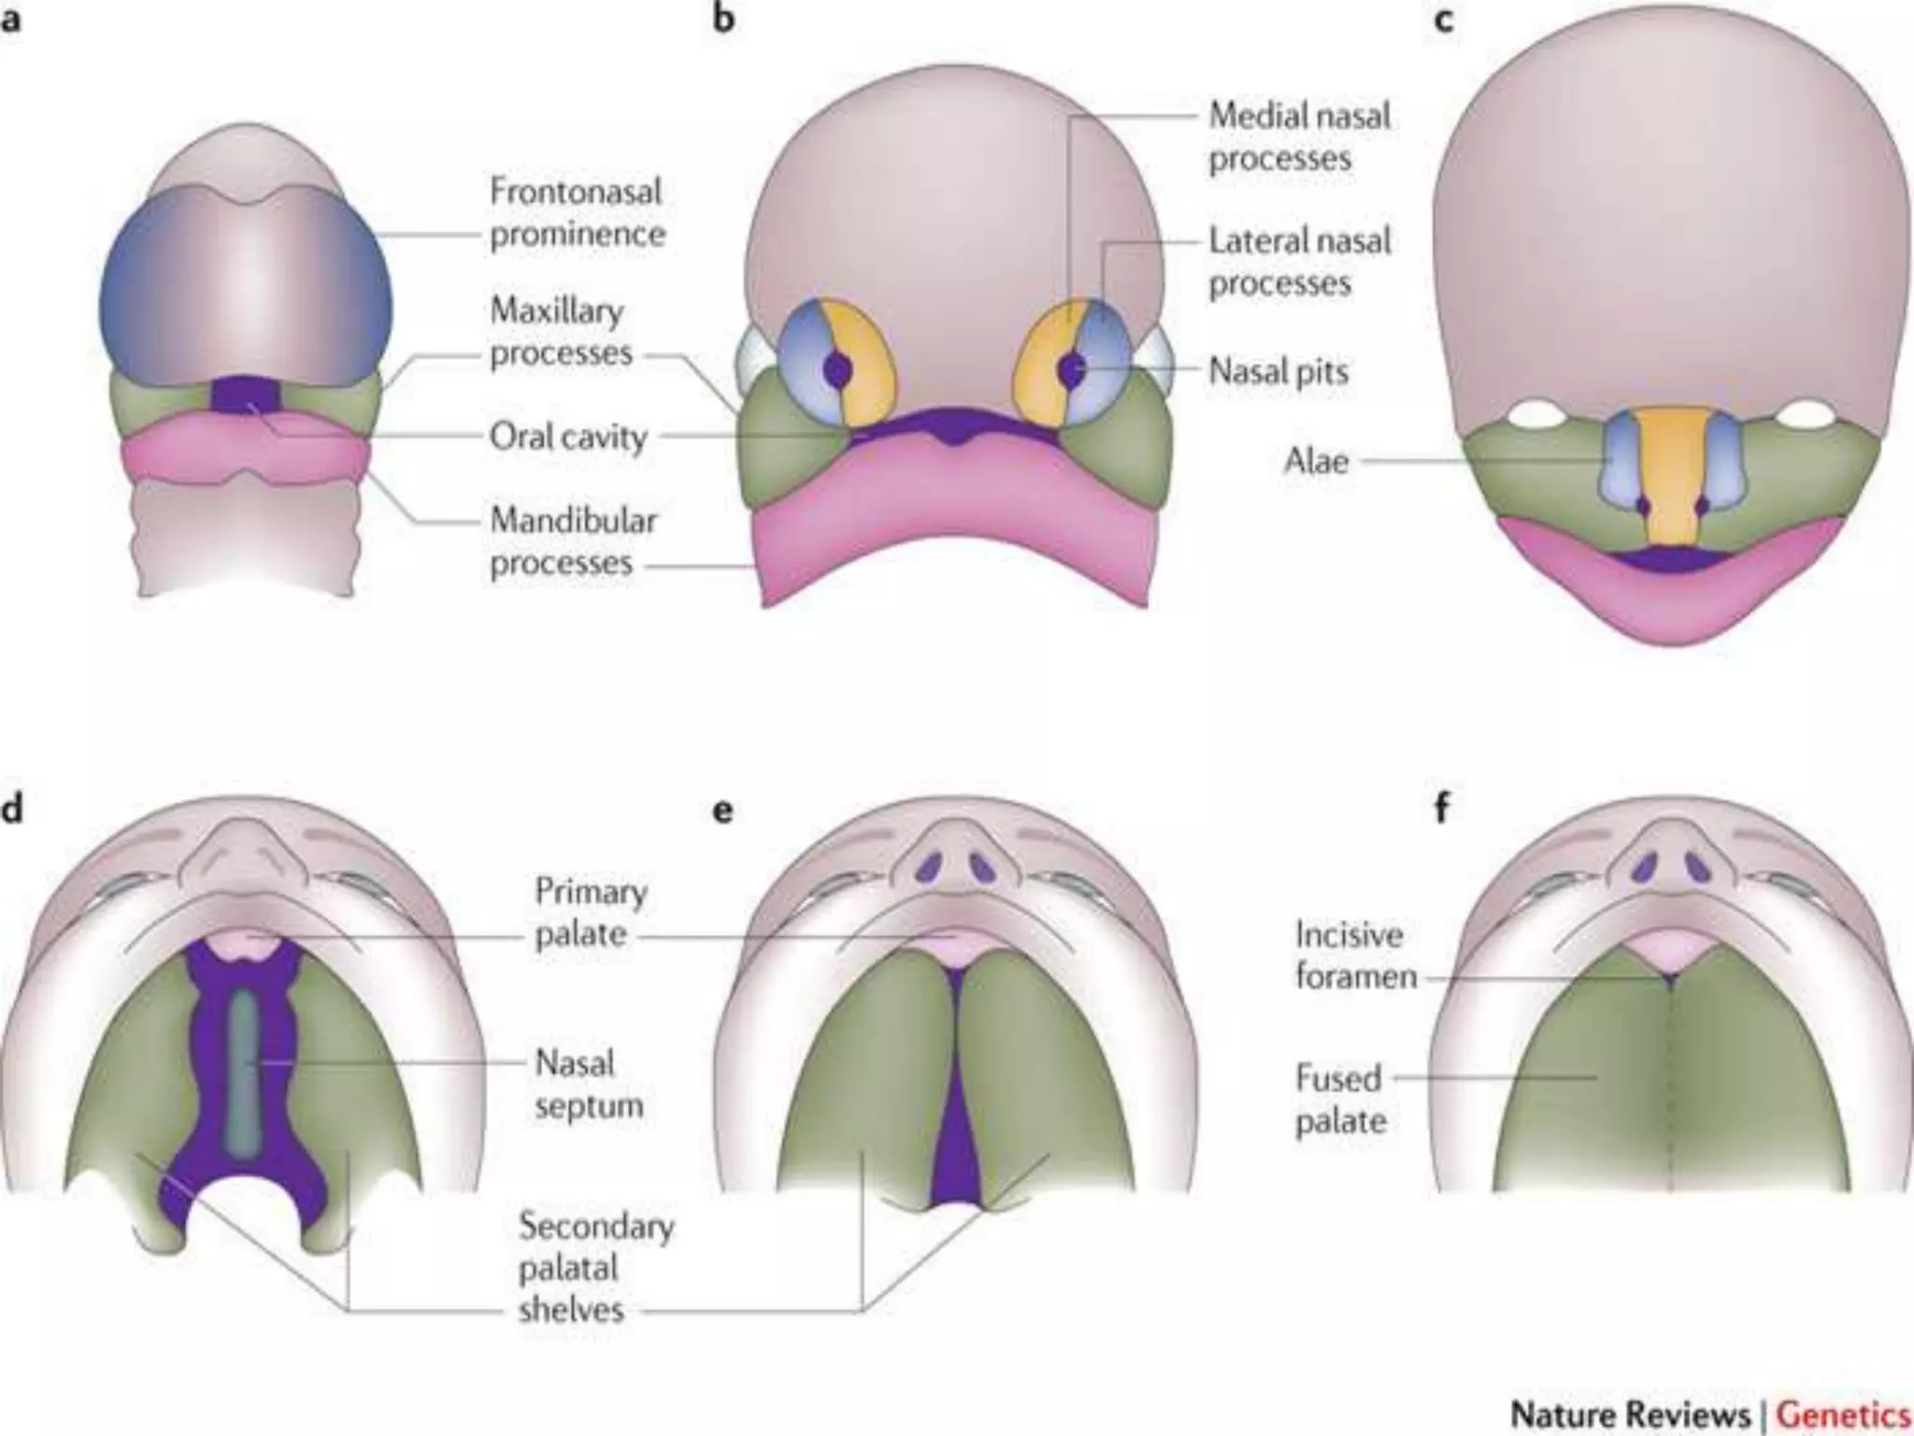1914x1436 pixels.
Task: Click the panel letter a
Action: [10, 20]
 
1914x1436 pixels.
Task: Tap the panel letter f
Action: [1442, 808]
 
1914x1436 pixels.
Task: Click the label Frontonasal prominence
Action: [577, 213]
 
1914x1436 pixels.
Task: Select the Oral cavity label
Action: [568, 437]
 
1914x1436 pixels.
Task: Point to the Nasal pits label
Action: [1278, 371]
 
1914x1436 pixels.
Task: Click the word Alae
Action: [1316, 460]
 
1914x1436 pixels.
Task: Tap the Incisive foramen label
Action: [1355, 955]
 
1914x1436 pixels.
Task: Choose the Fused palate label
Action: [1338, 1099]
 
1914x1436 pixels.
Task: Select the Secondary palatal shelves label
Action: [596, 1267]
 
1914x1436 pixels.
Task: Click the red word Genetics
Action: [1842, 1414]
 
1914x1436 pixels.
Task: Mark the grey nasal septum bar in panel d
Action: [245, 1066]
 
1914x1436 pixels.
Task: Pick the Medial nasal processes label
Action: [1299, 136]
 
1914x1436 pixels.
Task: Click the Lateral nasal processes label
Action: [1299, 262]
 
